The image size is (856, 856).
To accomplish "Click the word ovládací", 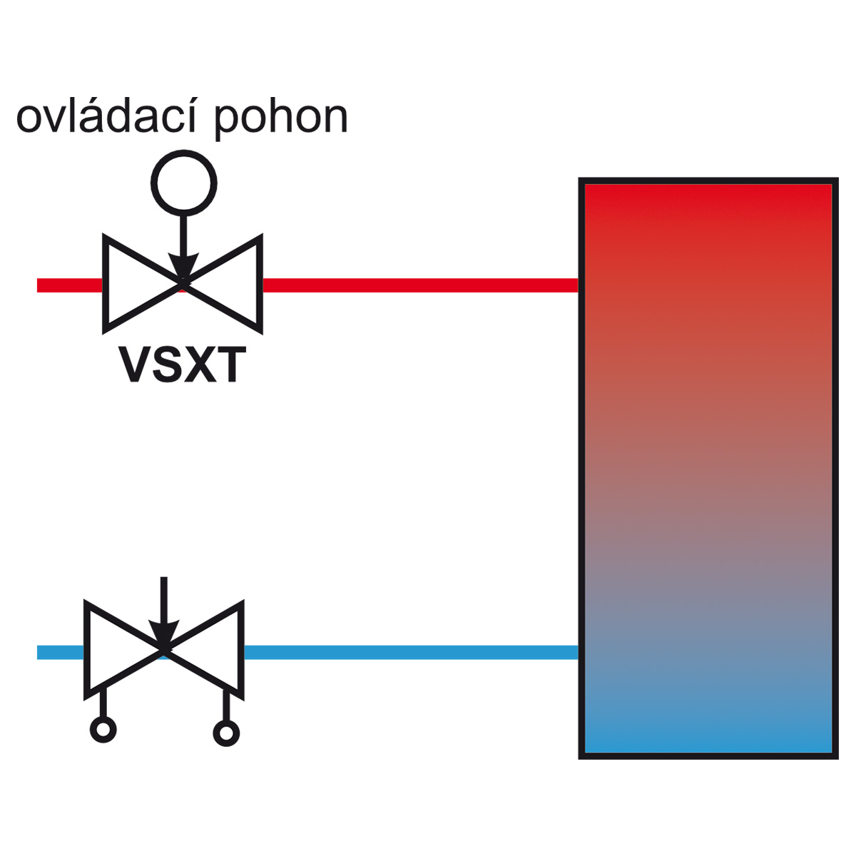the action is (106, 116).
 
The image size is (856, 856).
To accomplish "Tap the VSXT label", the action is (182, 365).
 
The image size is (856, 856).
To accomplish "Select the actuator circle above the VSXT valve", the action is (184, 152).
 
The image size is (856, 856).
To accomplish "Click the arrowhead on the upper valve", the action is (183, 266).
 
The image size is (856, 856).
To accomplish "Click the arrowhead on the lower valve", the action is (163, 633).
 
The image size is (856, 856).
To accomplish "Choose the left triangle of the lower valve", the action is (88, 651).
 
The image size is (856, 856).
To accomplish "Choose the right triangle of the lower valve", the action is (240, 651).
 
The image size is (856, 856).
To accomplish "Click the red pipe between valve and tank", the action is (421, 285).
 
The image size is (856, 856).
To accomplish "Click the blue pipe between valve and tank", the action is (412, 652).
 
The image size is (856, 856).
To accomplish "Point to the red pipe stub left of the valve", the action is (70, 285).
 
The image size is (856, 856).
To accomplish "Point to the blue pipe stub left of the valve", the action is (61, 652).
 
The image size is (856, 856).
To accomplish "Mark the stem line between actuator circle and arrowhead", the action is (183, 235).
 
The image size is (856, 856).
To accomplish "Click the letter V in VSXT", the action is (136, 365).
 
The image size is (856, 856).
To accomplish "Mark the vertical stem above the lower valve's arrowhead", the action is (164, 598).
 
